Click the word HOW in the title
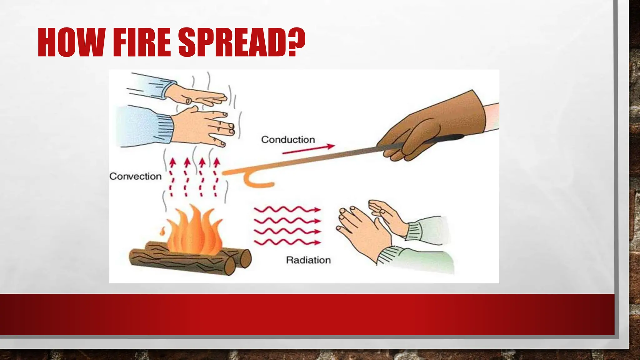pos(71,42)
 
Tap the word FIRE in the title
pos(142,42)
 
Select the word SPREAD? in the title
pos(242,42)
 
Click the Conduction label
pos(288,140)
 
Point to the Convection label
pos(135,176)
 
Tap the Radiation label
pos(308,260)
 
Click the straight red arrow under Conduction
pos(308,149)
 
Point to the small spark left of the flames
pos(162,232)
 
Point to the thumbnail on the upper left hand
pos(188,101)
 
